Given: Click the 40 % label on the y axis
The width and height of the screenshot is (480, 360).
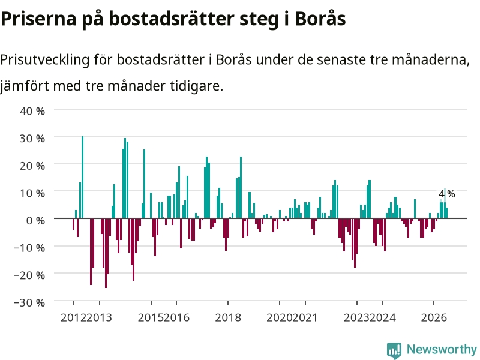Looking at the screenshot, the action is click(x=32, y=111).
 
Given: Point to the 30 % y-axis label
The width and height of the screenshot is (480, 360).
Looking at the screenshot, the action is click(x=32, y=139).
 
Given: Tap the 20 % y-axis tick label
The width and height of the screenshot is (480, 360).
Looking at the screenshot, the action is click(x=32, y=166).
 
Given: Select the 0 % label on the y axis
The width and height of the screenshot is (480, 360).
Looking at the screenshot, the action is click(x=35, y=220).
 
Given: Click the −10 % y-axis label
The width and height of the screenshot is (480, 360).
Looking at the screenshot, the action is click(x=29, y=248).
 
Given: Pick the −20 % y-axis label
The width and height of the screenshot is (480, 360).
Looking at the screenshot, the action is click(x=29, y=275).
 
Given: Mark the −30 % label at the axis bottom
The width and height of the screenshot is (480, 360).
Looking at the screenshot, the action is click(x=29, y=302).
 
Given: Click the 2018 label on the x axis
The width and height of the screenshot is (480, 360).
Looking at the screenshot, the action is click(x=228, y=317).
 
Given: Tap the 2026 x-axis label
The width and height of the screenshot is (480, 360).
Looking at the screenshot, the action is click(x=434, y=317).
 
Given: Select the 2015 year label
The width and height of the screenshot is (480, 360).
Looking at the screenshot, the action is click(x=151, y=317).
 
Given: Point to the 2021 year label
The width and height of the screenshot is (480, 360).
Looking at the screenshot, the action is click(x=305, y=317).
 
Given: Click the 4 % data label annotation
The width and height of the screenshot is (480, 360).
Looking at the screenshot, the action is click(x=446, y=194).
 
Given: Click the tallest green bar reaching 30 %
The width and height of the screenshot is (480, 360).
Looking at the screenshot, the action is click(x=82, y=177).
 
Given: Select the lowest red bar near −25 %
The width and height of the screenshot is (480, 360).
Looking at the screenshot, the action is click(x=106, y=253).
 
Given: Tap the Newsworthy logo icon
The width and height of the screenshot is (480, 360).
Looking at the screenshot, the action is click(x=394, y=350).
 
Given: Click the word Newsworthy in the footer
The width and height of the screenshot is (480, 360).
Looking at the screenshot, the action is click(x=442, y=349).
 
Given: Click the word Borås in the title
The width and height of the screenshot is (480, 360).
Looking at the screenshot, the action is click(x=320, y=19).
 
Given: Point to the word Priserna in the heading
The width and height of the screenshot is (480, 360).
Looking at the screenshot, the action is click(x=38, y=19).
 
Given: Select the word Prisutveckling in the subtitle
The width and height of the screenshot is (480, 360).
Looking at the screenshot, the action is click(x=45, y=59).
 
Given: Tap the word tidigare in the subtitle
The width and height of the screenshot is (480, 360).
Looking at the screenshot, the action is click(x=197, y=86).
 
